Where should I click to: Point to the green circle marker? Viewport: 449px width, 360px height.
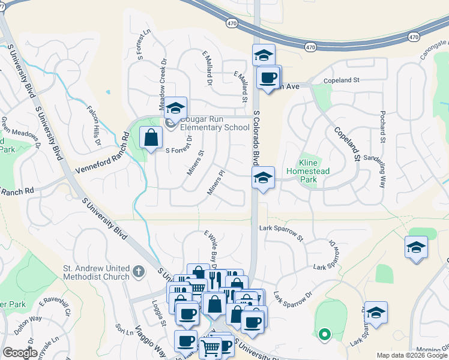(324, 334)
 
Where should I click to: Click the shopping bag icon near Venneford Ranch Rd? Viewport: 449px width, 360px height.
(151, 139)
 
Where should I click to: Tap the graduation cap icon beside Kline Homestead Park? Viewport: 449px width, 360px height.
(263, 178)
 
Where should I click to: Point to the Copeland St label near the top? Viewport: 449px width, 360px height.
(340, 80)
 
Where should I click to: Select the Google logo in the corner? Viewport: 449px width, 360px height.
(20, 353)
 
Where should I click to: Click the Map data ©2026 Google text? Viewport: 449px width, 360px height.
(412, 355)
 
